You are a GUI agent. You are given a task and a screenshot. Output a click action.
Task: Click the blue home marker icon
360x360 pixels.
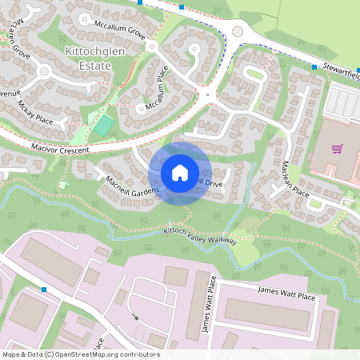coord(180,173)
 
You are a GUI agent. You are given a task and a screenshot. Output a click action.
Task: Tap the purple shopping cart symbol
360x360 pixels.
coord(337,149)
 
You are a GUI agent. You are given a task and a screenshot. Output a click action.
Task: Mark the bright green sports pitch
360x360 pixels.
coord(102,125)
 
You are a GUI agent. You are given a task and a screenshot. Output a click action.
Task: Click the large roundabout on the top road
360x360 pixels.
coord(237,32)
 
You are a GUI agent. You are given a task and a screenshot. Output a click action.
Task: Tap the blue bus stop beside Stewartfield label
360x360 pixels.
coord(314,67)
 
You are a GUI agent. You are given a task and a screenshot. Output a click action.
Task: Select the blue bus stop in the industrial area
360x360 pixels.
coord(44,289)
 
